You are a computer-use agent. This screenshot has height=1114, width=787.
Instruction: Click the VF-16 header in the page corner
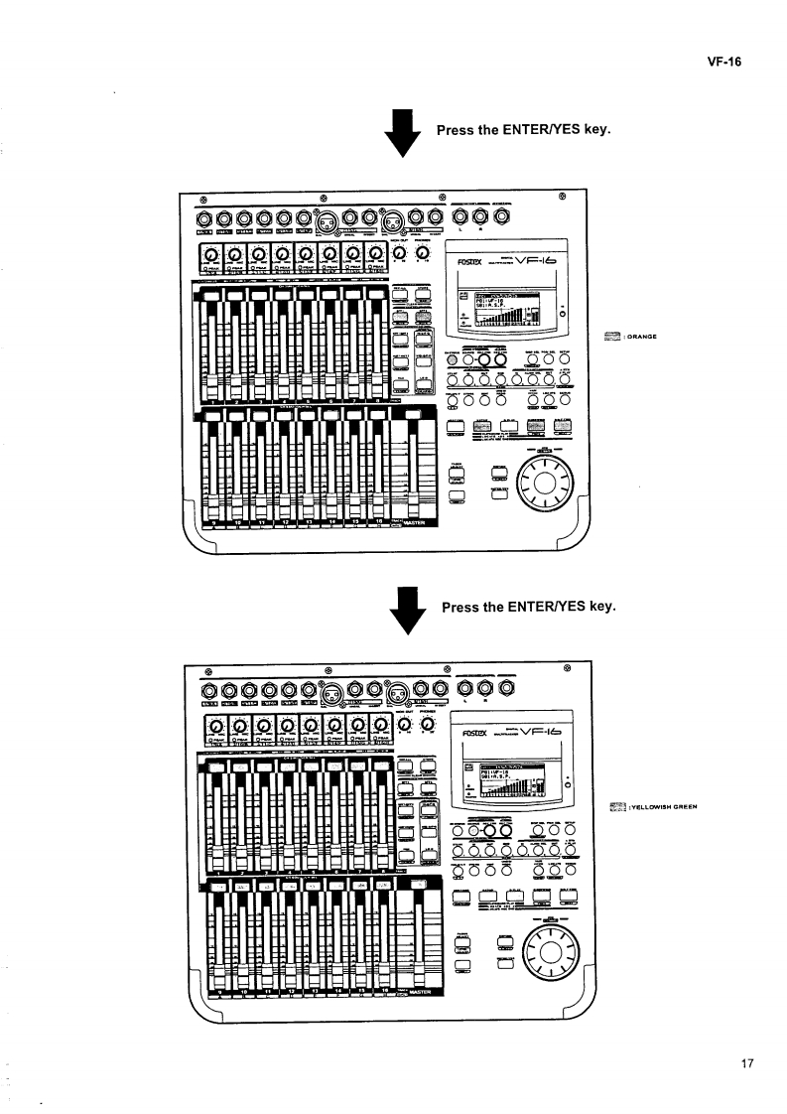[x=726, y=61]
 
